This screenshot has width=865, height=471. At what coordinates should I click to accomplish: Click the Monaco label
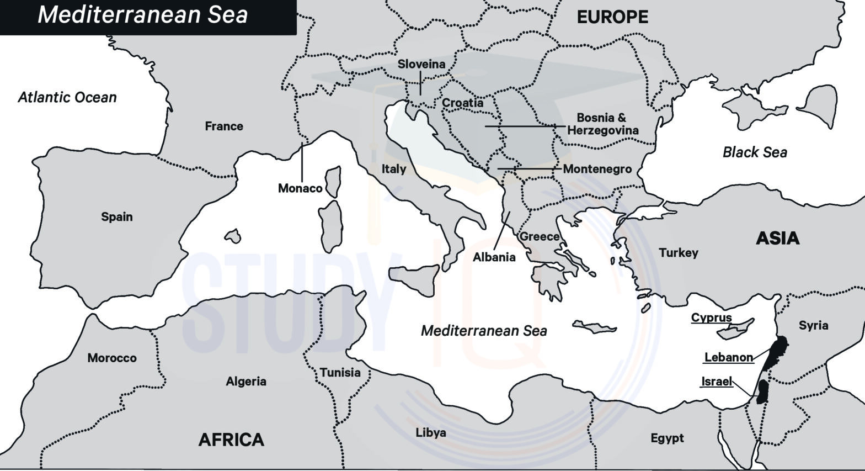300,188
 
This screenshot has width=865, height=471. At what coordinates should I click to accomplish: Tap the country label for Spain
116,216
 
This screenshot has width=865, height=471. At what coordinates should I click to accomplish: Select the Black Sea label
755,152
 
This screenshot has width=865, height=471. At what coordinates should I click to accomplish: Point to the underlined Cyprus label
711,318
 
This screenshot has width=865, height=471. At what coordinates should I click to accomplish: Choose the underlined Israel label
716,382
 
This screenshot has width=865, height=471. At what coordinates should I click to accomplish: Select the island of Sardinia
331,226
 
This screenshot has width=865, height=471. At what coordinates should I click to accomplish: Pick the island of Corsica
333,182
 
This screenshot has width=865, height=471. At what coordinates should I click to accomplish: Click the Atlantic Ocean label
67,98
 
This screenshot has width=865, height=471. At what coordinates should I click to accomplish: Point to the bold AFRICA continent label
231,440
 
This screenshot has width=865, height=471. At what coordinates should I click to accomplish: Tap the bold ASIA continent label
777,239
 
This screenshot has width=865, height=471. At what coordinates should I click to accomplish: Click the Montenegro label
597,169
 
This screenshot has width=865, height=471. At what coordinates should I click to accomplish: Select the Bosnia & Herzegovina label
602,124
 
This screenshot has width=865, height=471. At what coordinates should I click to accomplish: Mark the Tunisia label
340,373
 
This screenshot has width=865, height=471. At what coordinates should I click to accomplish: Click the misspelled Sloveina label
421,64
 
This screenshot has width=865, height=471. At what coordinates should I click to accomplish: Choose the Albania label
494,257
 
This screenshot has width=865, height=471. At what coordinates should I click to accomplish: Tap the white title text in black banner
142,15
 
